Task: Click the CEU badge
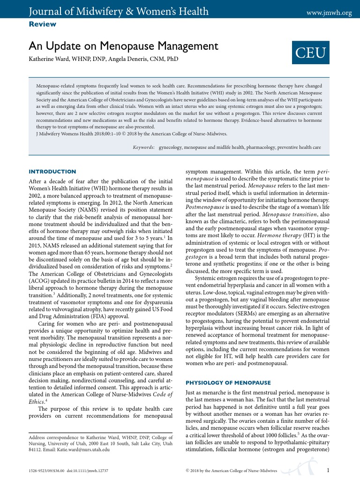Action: click(x=310, y=52)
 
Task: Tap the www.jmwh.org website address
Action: click(x=329, y=13)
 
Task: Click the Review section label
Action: click(x=42, y=24)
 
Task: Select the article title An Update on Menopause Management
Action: click(x=123, y=46)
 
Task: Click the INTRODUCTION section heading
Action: click(x=52, y=172)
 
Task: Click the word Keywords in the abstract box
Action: click(x=144, y=147)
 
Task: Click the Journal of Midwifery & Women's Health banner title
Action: click(x=112, y=11)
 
